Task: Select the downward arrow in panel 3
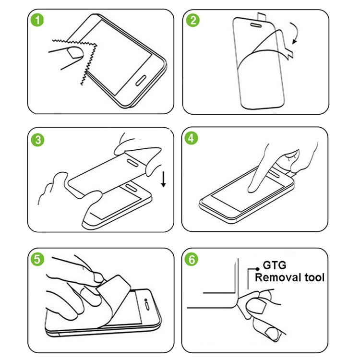pyautogui.click(x=164, y=179)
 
